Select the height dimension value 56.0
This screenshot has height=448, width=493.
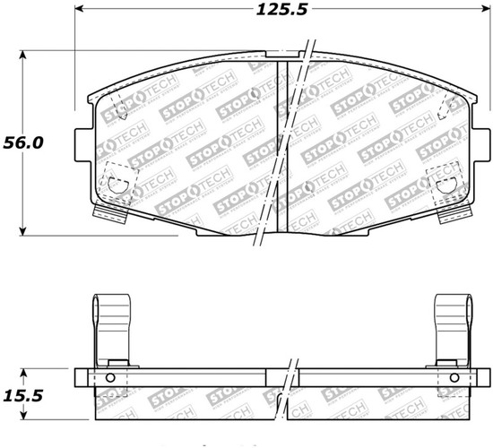[x=23, y=142]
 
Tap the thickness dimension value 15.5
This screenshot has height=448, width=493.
[x=23, y=395]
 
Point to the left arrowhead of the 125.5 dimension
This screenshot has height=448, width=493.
[x=78, y=12]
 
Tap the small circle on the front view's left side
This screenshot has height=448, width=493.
[x=117, y=186]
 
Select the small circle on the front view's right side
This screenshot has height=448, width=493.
[x=446, y=186]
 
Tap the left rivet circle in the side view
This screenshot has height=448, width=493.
[x=111, y=377]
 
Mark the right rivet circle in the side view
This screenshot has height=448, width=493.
[x=449, y=377]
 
